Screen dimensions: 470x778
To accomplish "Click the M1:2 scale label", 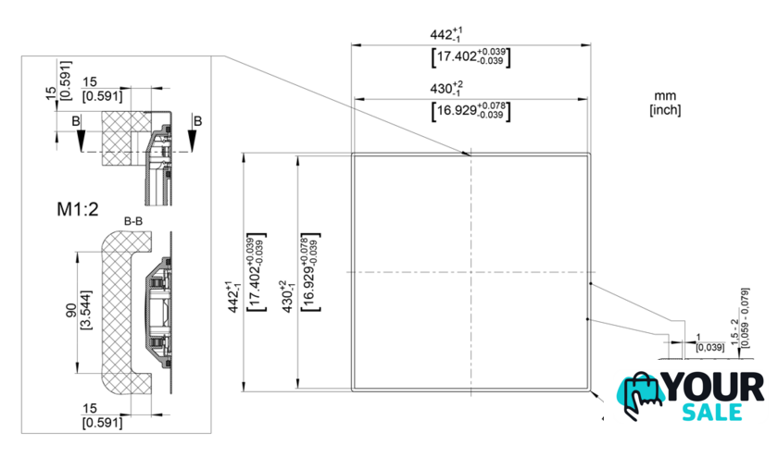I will click(78, 210).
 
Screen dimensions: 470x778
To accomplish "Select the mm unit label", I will click(665, 95).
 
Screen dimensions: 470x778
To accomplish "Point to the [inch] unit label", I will click(665, 110).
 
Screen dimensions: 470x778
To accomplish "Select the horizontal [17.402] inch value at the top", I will click(471, 57).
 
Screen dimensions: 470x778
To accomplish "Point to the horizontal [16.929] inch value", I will click(471, 112).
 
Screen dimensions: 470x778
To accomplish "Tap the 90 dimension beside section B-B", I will click(69, 311).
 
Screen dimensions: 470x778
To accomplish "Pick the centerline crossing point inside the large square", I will click(471, 272).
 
